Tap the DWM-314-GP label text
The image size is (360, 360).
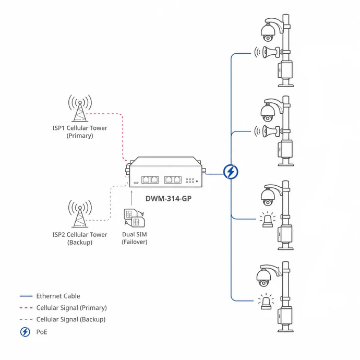click(x=169, y=198)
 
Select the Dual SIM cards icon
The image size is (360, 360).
click(x=134, y=218)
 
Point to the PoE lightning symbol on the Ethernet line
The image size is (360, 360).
click(x=231, y=172)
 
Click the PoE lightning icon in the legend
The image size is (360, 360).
click(x=25, y=332)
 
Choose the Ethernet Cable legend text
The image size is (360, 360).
click(x=58, y=296)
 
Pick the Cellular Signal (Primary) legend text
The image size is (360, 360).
click(x=71, y=308)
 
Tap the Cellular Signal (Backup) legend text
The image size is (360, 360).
click(x=71, y=319)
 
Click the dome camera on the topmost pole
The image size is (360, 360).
click(x=268, y=32)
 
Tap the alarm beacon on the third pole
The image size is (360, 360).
click(x=268, y=220)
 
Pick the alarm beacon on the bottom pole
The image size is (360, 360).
click(x=266, y=301)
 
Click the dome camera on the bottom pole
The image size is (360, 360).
click(x=263, y=278)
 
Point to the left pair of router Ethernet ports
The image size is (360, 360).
click(x=150, y=179)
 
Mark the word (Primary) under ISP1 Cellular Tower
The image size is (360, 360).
click(x=80, y=136)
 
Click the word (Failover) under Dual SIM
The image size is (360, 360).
click(x=135, y=242)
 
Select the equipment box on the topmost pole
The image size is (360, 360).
click(x=285, y=69)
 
